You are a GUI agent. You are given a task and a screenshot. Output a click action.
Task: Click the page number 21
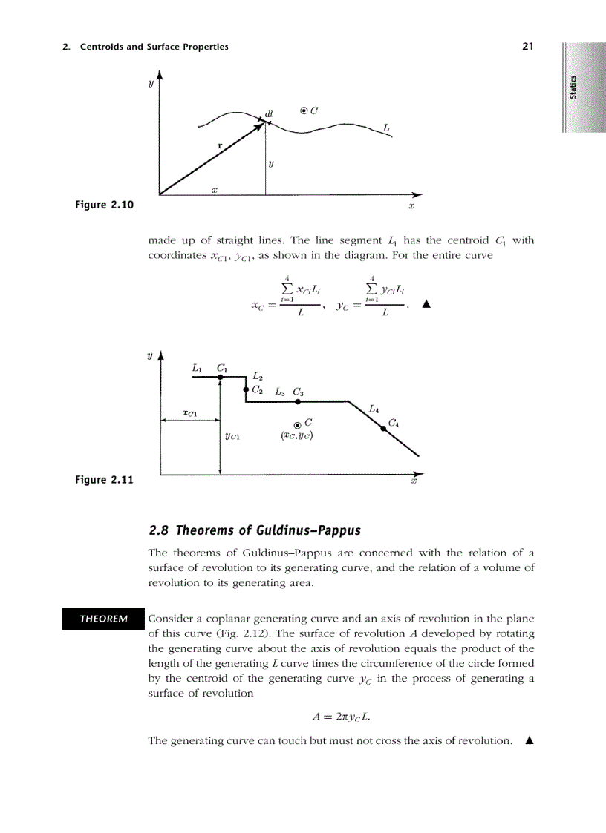[528, 47]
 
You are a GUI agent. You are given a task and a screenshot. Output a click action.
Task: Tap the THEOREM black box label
[104, 619]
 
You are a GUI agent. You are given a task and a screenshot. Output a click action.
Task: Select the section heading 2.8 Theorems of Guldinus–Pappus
[255, 530]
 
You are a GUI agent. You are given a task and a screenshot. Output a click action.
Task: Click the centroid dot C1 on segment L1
[221, 378]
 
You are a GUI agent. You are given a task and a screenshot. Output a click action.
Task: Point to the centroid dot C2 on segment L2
[246, 389]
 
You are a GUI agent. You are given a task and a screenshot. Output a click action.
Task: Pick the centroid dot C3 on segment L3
[297, 401]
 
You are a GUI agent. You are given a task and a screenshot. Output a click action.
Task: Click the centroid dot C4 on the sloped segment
[383, 428]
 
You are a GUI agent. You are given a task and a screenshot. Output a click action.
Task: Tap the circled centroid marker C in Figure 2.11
[297, 424]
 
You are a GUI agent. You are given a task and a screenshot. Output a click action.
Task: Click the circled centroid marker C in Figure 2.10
[304, 111]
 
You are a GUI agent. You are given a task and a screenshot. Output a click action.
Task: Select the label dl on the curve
[269, 113]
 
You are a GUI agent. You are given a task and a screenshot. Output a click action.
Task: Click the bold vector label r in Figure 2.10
[219, 146]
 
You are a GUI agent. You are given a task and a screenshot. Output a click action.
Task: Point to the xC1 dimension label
[189, 412]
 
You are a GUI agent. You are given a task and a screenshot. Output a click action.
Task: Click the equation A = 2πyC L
[341, 717]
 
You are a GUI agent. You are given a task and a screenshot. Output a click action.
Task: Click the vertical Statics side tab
[573, 87]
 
